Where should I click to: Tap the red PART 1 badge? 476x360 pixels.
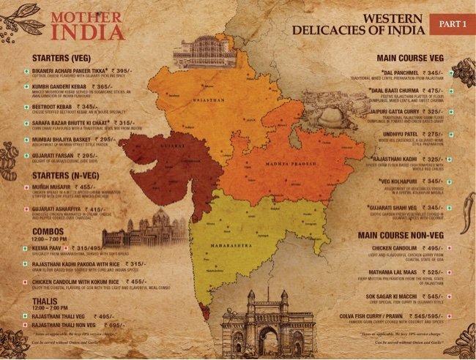(x=452, y=23)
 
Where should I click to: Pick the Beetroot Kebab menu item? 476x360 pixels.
(x=63, y=107)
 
